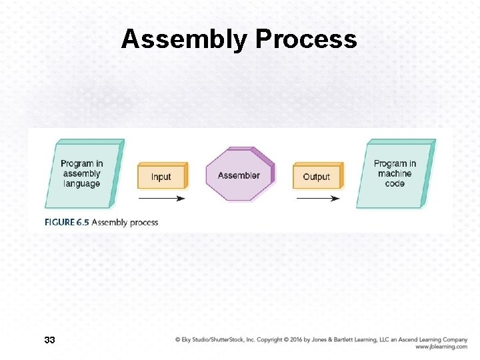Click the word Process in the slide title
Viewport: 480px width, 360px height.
pos(306,40)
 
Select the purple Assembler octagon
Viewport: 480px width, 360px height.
pos(239,175)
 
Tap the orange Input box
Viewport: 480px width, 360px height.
pos(161,177)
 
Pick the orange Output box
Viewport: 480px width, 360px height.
pos(317,177)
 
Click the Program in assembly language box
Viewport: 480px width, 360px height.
pos(82,173)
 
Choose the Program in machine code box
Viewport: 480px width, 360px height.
pos(395,173)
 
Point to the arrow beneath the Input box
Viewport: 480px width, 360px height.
pos(161,198)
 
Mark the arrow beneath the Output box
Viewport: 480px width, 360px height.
pos(317,198)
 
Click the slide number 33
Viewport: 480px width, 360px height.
pos(49,341)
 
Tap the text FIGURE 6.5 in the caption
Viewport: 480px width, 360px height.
pos(67,222)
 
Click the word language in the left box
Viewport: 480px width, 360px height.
pos(82,183)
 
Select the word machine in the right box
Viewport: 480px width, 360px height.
pos(395,173)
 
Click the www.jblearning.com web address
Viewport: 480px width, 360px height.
pos(441,347)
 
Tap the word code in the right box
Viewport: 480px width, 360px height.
pos(395,183)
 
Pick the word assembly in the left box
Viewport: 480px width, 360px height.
pos(82,173)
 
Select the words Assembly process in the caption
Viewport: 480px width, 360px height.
pos(125,222)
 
